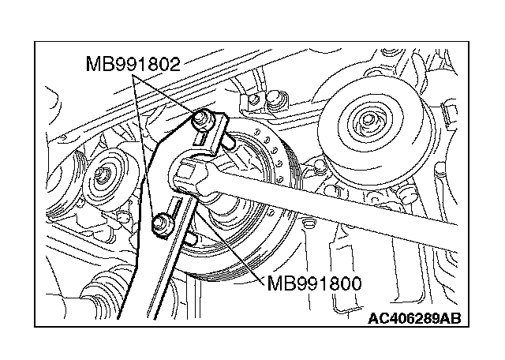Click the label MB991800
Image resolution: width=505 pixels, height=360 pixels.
click(x=316, y=282)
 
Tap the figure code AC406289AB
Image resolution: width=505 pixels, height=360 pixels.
click(x=414, y=318)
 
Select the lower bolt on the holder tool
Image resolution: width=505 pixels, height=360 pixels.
click(x=162, y=224)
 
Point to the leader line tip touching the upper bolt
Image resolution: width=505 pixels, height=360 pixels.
click(x=193, y=114)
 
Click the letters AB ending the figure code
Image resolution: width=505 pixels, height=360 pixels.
click(x=451, y=318)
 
